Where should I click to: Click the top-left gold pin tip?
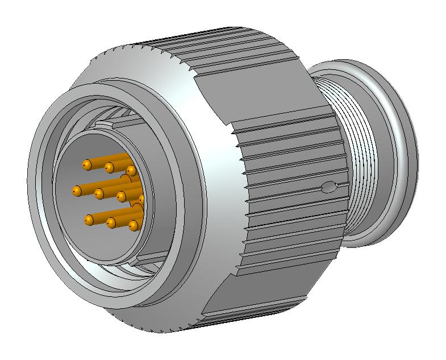tap(87, 164)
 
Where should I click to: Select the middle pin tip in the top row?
tap(109, 167)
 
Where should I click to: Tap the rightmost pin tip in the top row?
tap(131, 171)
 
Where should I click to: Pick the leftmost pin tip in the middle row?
tap(76, 190)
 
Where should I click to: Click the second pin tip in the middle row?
tap(99, 194)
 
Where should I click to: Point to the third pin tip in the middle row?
tap(120, 197)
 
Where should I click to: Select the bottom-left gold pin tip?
tap(89, 219)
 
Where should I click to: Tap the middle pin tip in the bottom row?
tap(111, 222)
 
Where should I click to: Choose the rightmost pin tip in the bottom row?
tap(133, 226)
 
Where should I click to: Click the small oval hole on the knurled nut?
tap(329, 186)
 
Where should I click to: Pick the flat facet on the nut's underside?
tap(256, 307)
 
